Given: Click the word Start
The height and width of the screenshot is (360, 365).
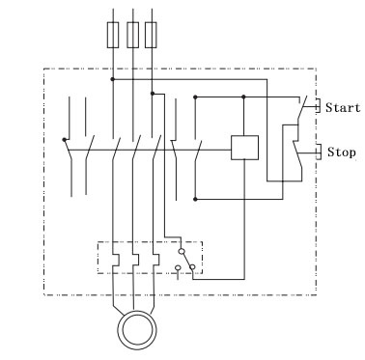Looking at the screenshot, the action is point(343,107).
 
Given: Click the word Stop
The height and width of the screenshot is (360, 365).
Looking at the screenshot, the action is point(342,152).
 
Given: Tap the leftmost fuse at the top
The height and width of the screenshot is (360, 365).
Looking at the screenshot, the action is point(113,35).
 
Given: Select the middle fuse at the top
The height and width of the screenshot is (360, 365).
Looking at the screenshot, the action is point(132,35).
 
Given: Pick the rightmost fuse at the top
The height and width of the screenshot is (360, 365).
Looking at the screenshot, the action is point(151,35).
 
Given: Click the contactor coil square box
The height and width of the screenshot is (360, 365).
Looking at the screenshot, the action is point(244,148).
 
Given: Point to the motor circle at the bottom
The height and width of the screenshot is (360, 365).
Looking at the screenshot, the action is point(137,330).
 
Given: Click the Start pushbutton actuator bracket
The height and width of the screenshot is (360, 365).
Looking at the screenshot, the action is point(318,106).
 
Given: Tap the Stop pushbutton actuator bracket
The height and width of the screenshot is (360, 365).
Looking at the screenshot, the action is point(318,152).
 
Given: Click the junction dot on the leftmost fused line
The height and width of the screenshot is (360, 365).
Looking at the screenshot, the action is point(112,79).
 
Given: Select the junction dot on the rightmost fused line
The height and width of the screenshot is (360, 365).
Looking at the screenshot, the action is point(153,94).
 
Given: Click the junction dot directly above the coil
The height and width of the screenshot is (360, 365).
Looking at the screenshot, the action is point(243,97).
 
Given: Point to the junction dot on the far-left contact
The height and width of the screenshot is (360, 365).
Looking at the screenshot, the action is point(65,140).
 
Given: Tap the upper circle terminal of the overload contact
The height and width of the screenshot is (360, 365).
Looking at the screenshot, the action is point(182,251).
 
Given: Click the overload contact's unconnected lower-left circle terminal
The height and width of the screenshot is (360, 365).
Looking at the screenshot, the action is point(178,267).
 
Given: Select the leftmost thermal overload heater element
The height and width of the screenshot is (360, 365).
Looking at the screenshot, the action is point(115,260).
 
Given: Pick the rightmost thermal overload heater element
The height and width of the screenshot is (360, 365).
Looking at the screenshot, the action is point(155,260).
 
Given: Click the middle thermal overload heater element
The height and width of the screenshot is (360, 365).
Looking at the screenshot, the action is point(135,260).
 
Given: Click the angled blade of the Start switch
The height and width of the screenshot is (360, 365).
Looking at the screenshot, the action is point(302,108).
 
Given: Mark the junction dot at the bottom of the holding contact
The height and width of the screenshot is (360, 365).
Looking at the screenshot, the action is point(195,200).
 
